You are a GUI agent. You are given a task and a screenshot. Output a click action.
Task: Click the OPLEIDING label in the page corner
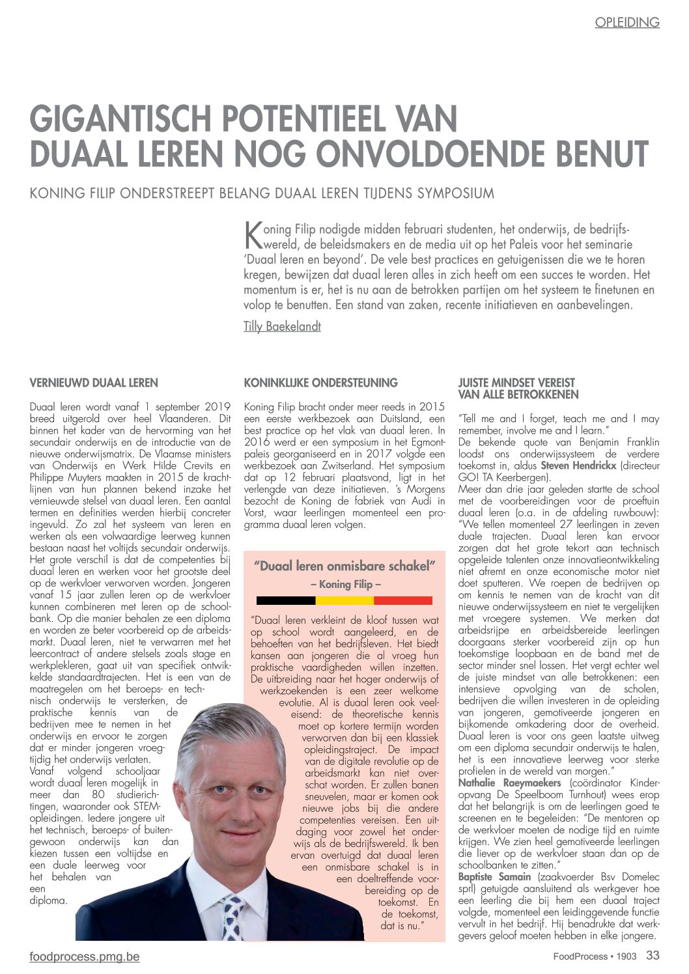click(x=626, y=23)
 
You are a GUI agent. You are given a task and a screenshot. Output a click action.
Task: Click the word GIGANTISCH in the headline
click(x=122, y=120)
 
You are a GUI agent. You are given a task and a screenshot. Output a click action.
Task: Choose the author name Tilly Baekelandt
click(x=282, y=326)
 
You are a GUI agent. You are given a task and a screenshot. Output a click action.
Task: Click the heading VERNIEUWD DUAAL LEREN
click(x=94, y=383)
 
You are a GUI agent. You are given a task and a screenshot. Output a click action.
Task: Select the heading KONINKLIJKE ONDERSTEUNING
click(x=320, y=383)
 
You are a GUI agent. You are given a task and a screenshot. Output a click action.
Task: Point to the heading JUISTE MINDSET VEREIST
click(x=516, y=383)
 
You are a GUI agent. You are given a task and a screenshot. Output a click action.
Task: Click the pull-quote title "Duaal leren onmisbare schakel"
click(x=344, y=566)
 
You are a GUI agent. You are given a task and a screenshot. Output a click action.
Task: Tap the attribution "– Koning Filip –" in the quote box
click(x=345, y=584)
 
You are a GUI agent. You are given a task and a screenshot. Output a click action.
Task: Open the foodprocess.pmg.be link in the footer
click(x=85, y=957)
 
